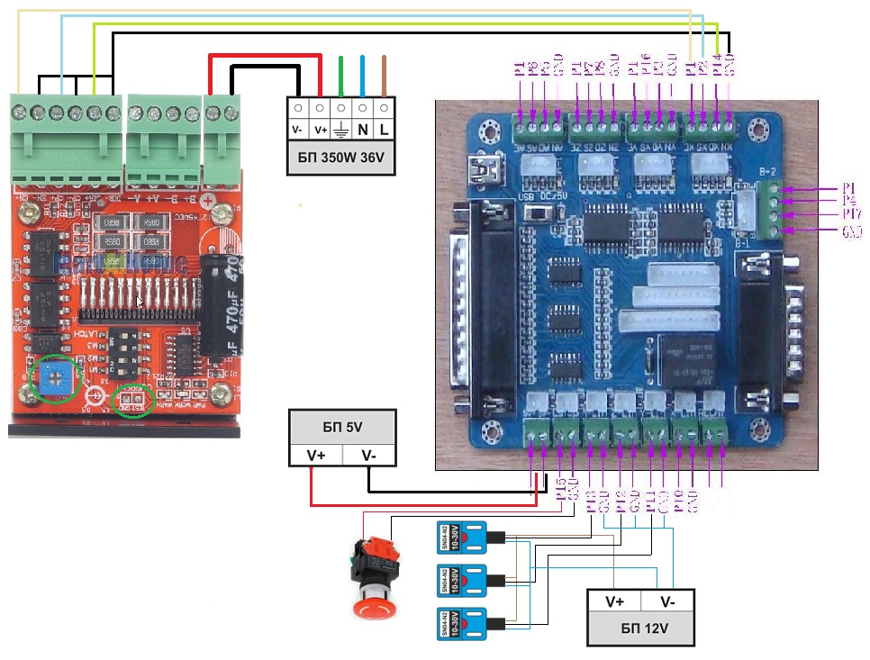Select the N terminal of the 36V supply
point(363,130)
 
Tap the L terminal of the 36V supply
point(385,130)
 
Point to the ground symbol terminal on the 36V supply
point(341,130)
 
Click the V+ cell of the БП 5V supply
point(315,456)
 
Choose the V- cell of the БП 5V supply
point(368,456)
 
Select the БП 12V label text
point(640,628)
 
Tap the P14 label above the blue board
point(717,67)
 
